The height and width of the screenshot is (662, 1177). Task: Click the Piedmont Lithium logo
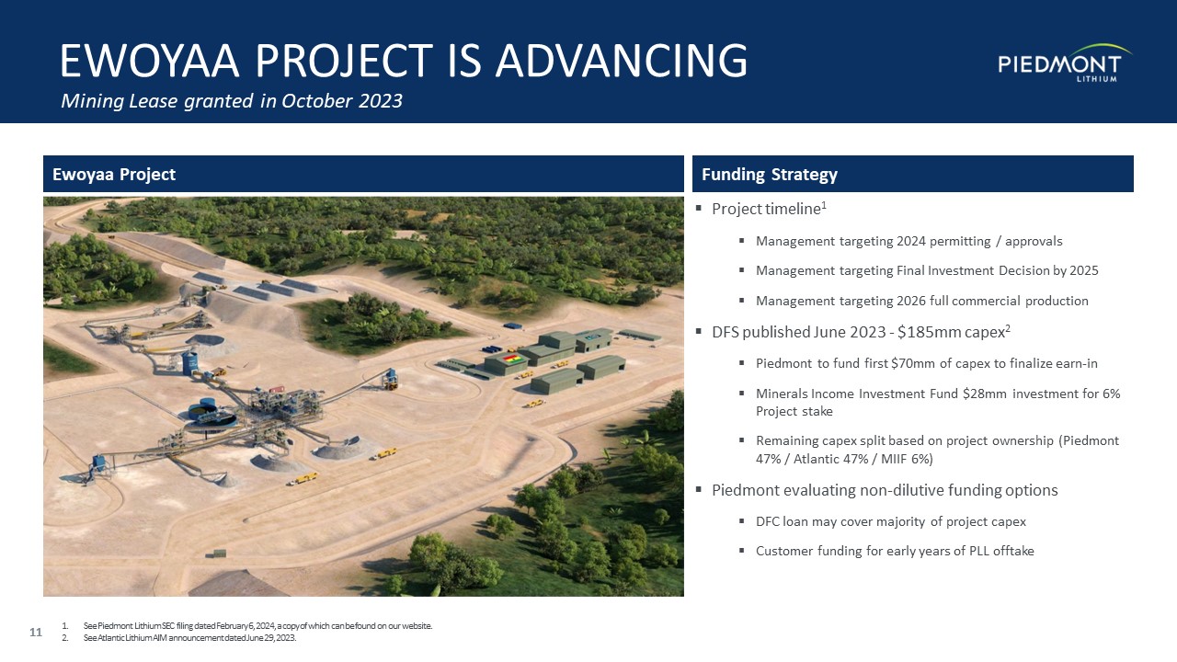click(1065, 63)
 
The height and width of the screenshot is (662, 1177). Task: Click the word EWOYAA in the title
click(150, 61)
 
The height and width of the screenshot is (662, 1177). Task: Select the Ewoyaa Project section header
click(114, 174)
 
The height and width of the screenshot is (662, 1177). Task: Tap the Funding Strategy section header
click(770, 174)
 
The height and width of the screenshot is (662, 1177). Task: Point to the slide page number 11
click(36, 632)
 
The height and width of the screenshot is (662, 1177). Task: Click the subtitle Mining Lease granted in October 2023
click(232, 100)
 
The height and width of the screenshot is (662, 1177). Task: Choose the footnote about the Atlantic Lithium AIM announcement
click(189, 638)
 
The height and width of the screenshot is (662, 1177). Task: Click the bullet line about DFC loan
click(891, 521)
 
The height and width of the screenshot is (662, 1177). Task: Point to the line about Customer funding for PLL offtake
click(895, 551)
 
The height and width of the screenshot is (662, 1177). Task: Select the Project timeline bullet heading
click(769, 209)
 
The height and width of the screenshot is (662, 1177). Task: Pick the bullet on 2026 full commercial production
click(921, 301)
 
